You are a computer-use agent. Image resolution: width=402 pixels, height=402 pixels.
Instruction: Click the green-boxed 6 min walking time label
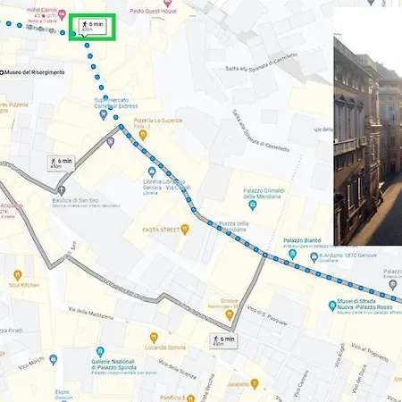[x=92, y=25]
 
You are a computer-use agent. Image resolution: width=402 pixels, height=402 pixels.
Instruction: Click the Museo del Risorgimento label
[x=34, y=71]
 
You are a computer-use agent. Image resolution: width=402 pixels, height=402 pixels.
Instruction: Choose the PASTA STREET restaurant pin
[x=185, y=230]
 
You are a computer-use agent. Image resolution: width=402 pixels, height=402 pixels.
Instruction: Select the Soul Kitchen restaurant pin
[x=17, y=275]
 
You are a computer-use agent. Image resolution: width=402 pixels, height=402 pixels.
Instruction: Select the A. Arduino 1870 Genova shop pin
[x=314, y=256]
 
